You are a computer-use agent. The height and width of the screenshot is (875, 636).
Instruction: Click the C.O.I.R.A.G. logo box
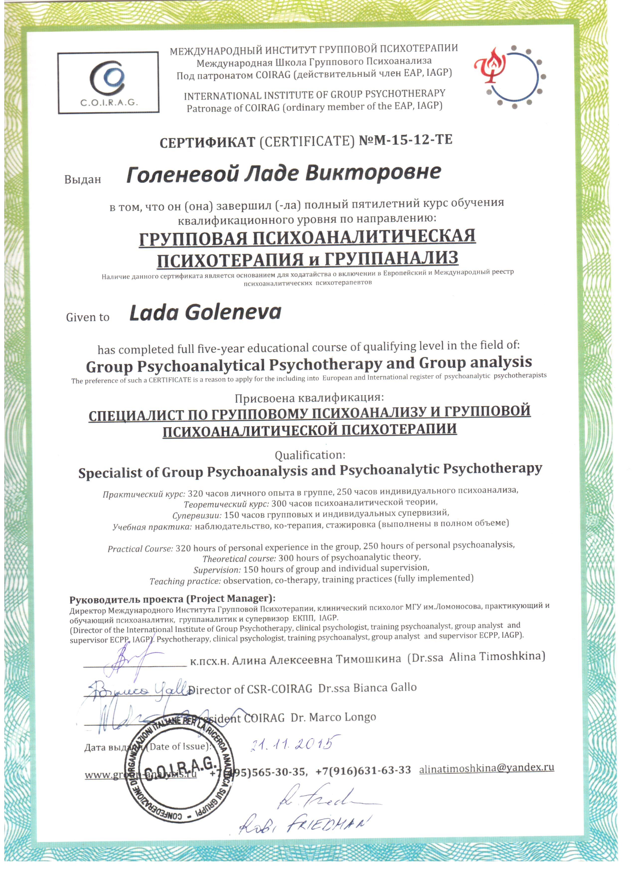click(108, 82)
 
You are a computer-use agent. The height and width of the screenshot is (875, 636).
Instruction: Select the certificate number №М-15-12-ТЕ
click(405, 140)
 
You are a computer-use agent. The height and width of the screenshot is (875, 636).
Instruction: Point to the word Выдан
click(82, 179)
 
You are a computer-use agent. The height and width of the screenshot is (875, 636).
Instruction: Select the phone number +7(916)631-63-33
click(363, 770)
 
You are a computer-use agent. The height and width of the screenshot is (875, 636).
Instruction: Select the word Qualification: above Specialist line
click(310, 455)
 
